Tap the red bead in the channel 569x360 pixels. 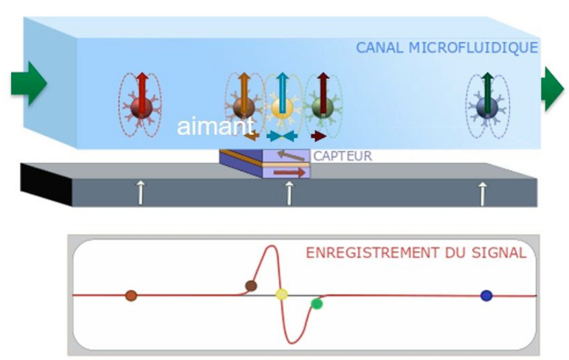click(x=140, y=108)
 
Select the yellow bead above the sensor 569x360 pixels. click(x=280, y=108)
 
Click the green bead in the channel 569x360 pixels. click(x=320, y=108)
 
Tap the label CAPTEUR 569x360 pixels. click(x=342, y=156)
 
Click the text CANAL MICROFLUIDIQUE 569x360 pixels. click(x=446, y=48)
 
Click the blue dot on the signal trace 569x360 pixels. click(x=486, y=295)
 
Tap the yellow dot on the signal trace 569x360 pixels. click(x=281, y=294)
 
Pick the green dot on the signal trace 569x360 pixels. click(x=317, y=303)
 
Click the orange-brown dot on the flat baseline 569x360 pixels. click(x=131, y=295)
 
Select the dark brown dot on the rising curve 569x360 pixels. click(x=251, y=285)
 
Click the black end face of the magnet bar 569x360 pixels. click(x=46, y=184)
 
